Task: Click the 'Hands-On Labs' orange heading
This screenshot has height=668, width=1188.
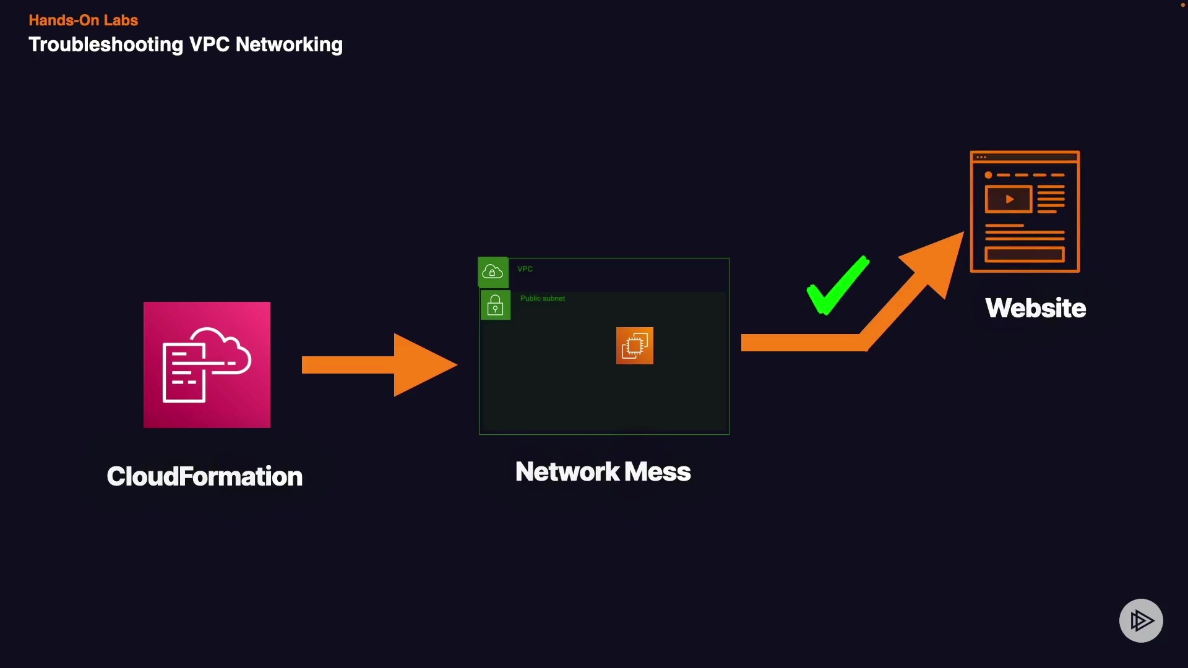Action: (x=83, y=20)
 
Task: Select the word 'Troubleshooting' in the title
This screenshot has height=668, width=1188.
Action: (x=106, y=45)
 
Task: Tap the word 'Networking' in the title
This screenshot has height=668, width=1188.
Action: (x=289, y=45)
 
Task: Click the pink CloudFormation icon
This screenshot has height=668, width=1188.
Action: (x=207, y=365)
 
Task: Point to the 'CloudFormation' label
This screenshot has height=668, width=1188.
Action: (x=204, y=476)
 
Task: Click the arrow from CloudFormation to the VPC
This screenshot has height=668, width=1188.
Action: (x=379, y=365)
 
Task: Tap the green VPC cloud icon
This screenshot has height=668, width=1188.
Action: (x=493, y=272)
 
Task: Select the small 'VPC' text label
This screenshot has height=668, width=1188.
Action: (x=525, y=269)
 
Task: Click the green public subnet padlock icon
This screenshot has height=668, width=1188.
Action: (x=495, y=306)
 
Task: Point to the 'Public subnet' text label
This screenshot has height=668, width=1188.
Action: (x=543, y=299)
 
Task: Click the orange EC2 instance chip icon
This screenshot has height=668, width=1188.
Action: (x=634, y=346)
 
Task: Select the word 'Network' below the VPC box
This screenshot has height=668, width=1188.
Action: (x=567, y=472)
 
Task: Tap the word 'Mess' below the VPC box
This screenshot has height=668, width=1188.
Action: (x=657, y=472)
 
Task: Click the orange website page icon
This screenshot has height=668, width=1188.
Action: (x=1025, y=212)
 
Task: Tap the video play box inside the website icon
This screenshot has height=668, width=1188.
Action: (x=1008, y=199)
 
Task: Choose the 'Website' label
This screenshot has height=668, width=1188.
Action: (x=1035, y=308)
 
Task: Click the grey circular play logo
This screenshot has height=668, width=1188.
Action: (x=1141, y=620)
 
